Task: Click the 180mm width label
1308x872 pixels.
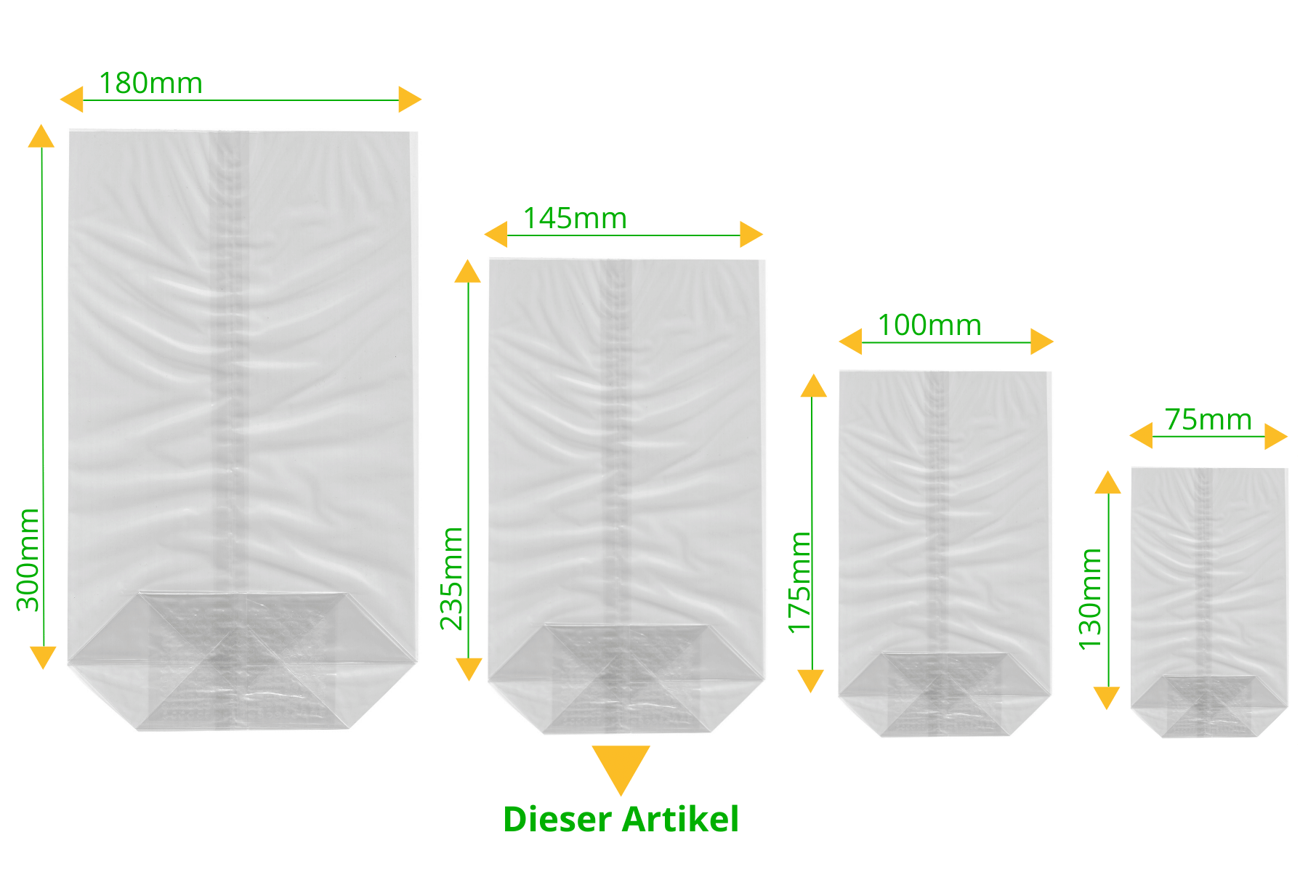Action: click(x=150, y=83)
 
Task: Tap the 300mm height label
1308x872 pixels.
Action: click(x=28, y=560)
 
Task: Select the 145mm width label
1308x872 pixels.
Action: click(x=575, y=218)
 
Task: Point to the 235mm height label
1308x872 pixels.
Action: click(x=451, y=578)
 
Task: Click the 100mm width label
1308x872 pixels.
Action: click(x=929, y=325)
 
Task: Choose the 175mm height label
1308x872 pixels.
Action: click(x=799, y=583)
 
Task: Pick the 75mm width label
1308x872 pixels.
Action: click(x=1208, y=420)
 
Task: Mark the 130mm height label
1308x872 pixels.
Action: click(x=1090, y=599)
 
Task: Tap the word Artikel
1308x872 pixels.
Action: click(x=681, y=819)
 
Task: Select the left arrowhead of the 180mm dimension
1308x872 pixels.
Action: click(x=71, y=100)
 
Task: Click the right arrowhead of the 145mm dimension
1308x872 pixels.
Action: click(x=751, y=235)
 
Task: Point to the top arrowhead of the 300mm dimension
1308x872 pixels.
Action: click(x=41, y=136)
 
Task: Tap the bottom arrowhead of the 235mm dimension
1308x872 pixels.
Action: click(x=469, y=669)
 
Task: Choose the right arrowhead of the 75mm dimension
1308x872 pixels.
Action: click(x=1276, y=437)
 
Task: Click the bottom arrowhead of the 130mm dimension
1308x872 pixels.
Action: click(x=1107, y=698)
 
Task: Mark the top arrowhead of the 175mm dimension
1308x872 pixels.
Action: click(x=814, y=386)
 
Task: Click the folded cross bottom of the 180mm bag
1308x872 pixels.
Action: click(x=243, y=661)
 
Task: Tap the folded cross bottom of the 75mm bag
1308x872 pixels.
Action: click(x=1209, y=706)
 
